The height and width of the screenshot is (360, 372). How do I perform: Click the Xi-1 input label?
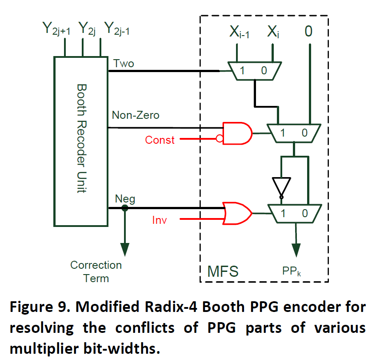point(239,32)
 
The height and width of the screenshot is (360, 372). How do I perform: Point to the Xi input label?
point(273,32)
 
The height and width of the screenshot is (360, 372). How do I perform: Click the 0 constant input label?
point(308,32)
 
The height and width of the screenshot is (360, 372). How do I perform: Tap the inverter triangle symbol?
point(281,186)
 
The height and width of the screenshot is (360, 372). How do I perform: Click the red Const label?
point(160,140)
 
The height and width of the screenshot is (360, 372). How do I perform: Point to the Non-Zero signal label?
point(136,116)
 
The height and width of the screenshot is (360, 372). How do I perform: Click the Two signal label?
point(124,64)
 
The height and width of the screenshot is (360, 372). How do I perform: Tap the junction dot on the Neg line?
point(125,208)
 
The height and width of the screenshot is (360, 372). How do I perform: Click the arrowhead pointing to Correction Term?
point(125,247)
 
